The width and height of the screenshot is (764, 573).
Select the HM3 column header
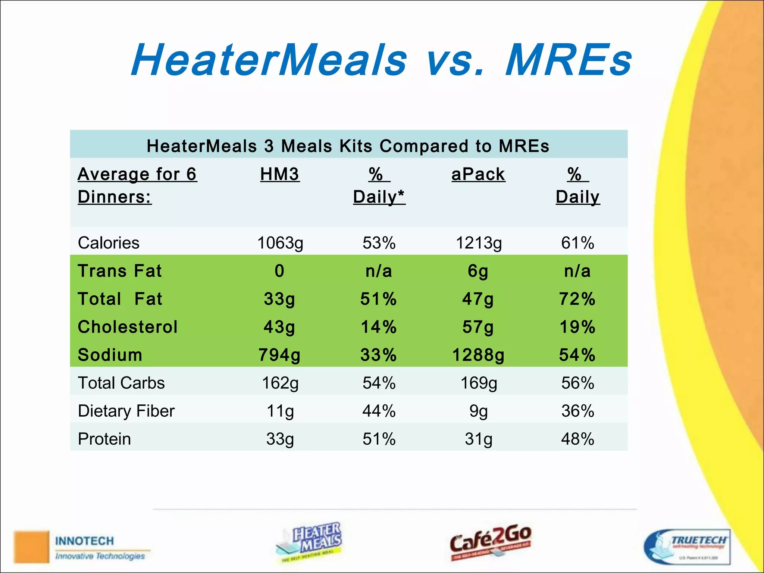tap(280, 174)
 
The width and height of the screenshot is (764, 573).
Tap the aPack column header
tap(478, 174)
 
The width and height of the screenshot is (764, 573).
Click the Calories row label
tap(109, 243)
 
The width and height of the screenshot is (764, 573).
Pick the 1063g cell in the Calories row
tap(280, 243)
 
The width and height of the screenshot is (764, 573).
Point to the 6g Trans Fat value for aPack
tap(478, 271)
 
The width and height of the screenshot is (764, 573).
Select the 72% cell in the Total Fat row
tap(577, 299)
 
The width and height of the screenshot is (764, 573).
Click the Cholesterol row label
tap(128, 327)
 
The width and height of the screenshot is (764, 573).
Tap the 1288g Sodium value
tap(478, 355)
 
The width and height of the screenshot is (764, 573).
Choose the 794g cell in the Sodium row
tap(279, 355)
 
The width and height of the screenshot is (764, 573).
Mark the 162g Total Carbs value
tap(280, 383)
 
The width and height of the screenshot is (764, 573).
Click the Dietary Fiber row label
tap(126, 411)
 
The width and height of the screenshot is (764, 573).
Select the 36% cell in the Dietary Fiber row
tap(577, 411)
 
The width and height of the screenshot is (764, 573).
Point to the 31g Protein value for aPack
tap(478, 439)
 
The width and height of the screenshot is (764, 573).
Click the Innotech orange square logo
tap(31, 547)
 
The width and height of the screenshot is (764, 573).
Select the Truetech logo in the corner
tap(687, 547)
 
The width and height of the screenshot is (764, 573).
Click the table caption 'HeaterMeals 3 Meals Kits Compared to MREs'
tap(348, 146)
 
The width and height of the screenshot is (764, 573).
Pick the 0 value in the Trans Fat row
tap(279, 271)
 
